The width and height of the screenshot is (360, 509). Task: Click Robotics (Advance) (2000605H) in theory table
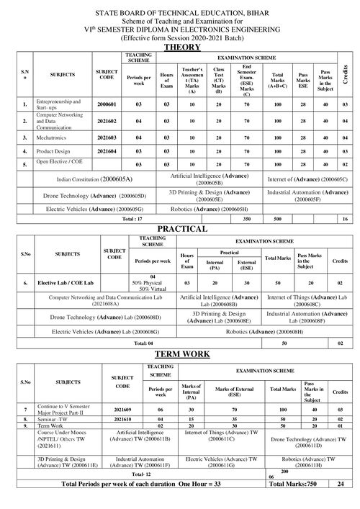click(225, 209)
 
